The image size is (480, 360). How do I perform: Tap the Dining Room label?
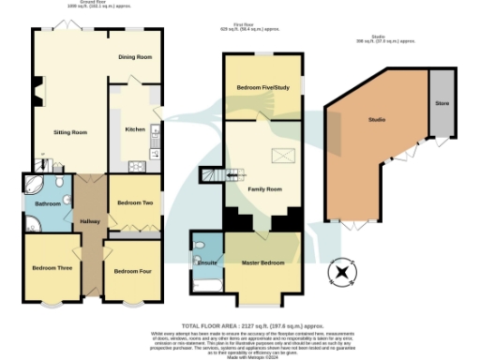pos(135,57)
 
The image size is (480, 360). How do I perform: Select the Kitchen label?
pos(135,129)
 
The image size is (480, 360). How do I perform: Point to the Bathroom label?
pos(48,202)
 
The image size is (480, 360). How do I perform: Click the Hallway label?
pos(90,221)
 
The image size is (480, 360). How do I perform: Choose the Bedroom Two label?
pos(134,202)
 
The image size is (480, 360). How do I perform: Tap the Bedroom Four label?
pos(133,271)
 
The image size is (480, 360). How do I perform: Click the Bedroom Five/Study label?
pos(262,88)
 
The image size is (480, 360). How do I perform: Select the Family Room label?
pos(264,189)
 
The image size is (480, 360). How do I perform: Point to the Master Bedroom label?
pos(263,262)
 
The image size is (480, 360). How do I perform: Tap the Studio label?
pos(377,120)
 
